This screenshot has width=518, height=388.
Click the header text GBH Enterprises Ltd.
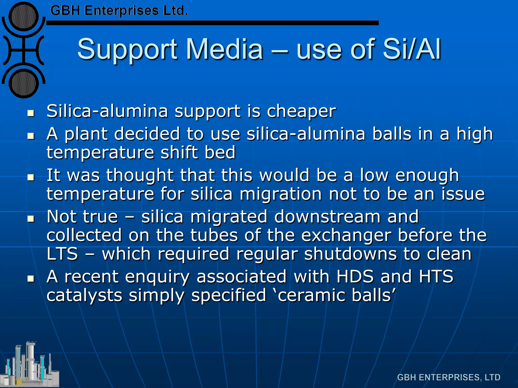[119, 11]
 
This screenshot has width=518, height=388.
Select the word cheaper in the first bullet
[301, 111]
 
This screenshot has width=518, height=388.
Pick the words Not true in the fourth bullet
[82, 217]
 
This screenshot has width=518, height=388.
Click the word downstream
[327, 217]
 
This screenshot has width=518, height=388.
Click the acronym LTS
[62, 254]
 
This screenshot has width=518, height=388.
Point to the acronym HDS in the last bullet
[355, 277]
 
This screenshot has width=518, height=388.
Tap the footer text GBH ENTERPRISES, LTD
[449, 377]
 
